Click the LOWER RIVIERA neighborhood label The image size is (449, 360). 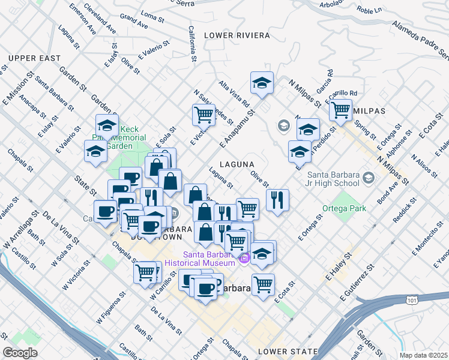237,35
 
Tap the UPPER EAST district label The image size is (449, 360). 34,58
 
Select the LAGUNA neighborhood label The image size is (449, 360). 237,164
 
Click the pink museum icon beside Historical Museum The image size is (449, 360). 244,259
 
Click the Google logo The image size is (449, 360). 20,352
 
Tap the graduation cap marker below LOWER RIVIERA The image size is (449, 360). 262,83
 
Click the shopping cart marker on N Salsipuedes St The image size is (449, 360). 204,113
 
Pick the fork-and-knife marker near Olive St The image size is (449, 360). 277,200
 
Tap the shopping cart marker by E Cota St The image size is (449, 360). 263,284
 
